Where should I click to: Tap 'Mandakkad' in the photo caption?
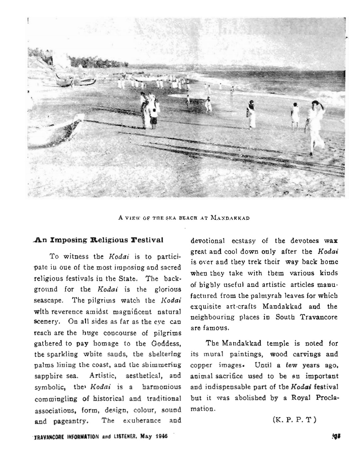[x=230, y=218]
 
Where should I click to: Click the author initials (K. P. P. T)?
[x=294, y=419]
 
